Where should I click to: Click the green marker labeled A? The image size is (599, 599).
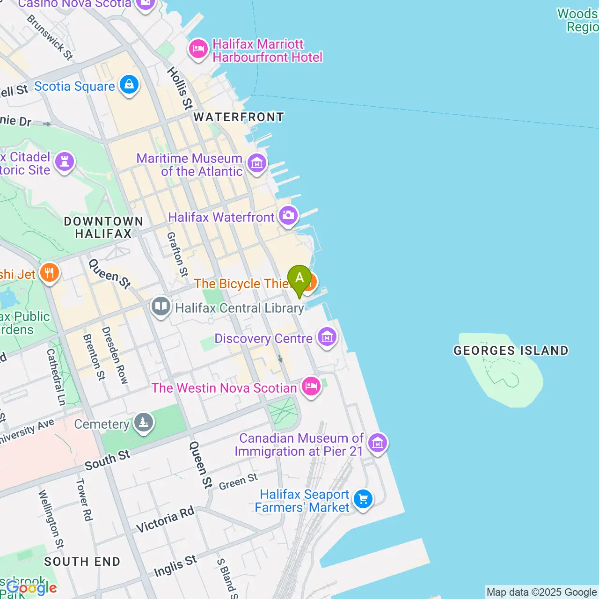pyautogui.click(x=299, y=278)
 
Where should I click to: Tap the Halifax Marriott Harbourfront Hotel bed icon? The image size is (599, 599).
pyautogui.click(x=198, y=49)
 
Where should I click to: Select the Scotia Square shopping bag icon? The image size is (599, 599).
pyautogui.click(x=129, y=85)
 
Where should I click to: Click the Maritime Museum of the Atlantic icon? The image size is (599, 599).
pyautogui.click(x=257, y=163)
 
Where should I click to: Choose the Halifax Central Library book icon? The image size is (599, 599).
pyautogui.click(x=161, y=307)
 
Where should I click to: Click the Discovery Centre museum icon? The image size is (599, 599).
pyautogui.click(x=327, y=336)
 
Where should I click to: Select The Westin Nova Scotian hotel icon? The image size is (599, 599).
pyautogui.click(x=311, y=387)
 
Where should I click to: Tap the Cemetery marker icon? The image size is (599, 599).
pyautogui.click(x=143, y=423)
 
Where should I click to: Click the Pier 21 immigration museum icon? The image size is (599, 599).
pyautogui.click(x=377, y=442)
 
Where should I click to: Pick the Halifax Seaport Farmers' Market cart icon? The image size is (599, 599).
pyautogui.click(x=363, y=499)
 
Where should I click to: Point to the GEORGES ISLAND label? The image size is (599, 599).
pyautogui.click(x=511, y=351)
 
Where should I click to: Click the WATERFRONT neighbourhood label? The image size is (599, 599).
pyautogui.click(x=239, y=117)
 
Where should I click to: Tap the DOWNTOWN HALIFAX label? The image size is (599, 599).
pyautogui.click(x=103, y=227)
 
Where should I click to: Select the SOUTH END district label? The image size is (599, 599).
pyautogui.click(x=82, y=562)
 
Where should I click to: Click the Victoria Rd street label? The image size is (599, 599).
pyautogui.click(x=165, y=520)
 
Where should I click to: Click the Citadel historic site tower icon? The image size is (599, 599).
pyautogui.click(x=65, y=162)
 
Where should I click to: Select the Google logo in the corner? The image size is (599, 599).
pyautogui.click(x=32, y=588)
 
